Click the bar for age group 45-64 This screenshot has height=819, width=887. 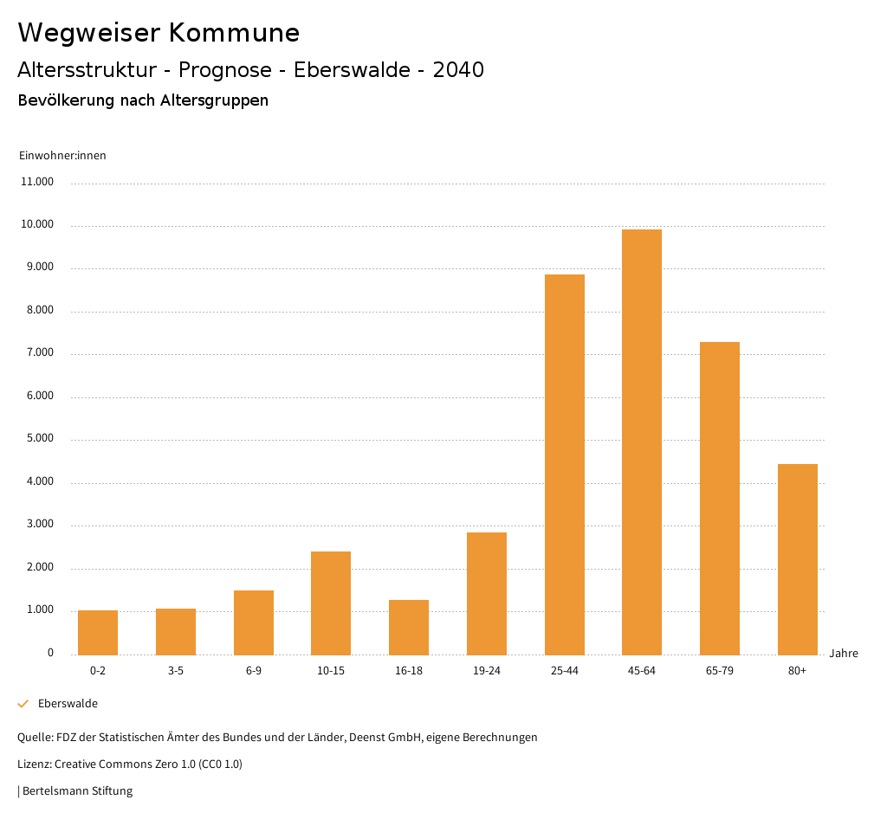click(x=642, y=442)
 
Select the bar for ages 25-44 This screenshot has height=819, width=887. click(x=564, y=464)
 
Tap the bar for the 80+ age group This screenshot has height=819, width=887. click(x=798, y=559)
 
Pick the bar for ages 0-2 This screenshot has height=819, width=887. click(x=98, y=633)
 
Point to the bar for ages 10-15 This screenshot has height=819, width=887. click(x=331, y=603)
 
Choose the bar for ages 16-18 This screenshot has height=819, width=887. click(x=409, y=627)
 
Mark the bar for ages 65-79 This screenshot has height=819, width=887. click(x=720, y=498)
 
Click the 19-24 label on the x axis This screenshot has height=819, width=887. click(x=487, y=671)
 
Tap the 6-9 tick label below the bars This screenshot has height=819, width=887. click(x=254, y=671)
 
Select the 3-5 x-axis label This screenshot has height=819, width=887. click(x=176, y=671)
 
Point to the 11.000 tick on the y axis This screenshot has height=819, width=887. click(x=38, y=183)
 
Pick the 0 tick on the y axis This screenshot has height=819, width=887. click(x=50, y=653)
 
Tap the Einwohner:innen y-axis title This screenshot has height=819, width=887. click(x=62, y=156)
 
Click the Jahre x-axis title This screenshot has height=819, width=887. click(x=844, y=654)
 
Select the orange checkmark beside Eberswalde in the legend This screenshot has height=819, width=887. click(x=23, y=704)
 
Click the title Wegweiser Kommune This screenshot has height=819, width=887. click(x=159, y=33)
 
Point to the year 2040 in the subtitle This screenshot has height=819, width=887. click(x=458, y=70)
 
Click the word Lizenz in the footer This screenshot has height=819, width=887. click(x=34, y=764)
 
